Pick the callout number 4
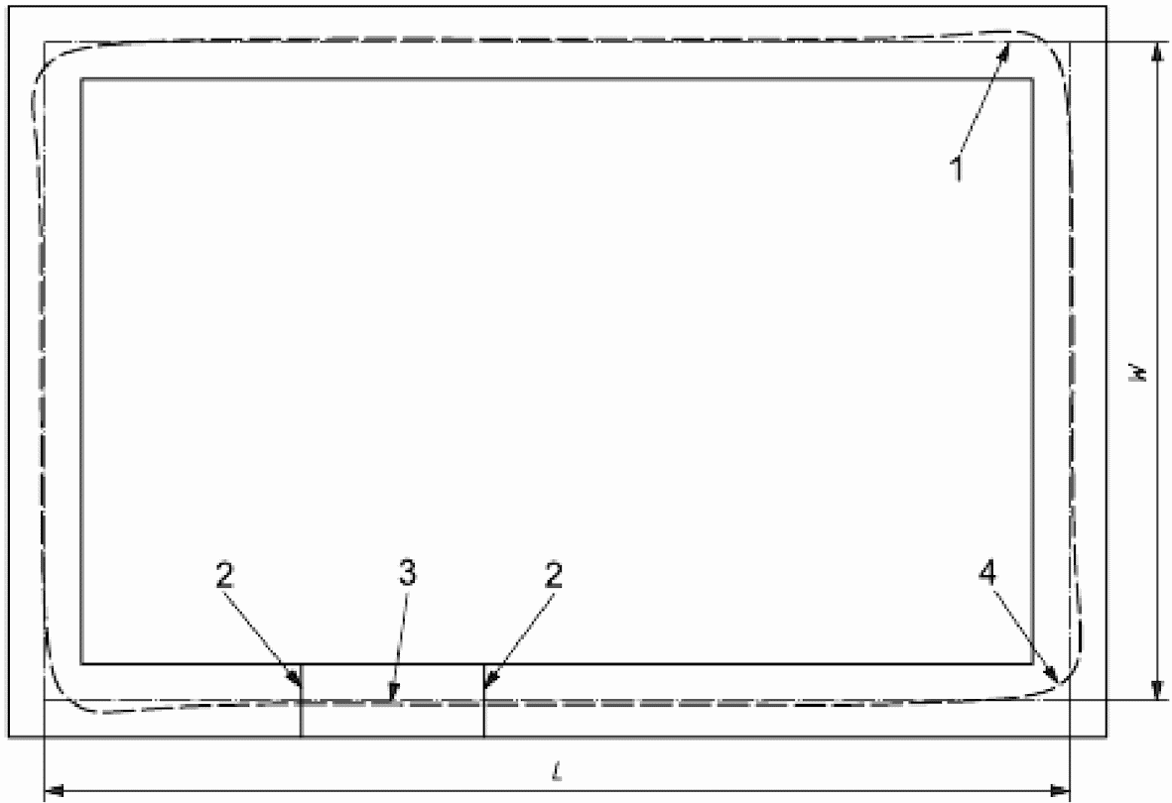(x=991, y=572)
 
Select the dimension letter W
(x=1141, y=372)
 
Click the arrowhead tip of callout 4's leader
(x=1058, y=684)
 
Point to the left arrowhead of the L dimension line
(x=49, y=790)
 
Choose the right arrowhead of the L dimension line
(x=1065, y=790)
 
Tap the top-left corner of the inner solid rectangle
(x=81, y=79)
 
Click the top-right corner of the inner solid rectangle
(x=1033, y=79)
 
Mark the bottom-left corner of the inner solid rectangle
(x=81, y=662)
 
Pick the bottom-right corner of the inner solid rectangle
(x=1033, y=662)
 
